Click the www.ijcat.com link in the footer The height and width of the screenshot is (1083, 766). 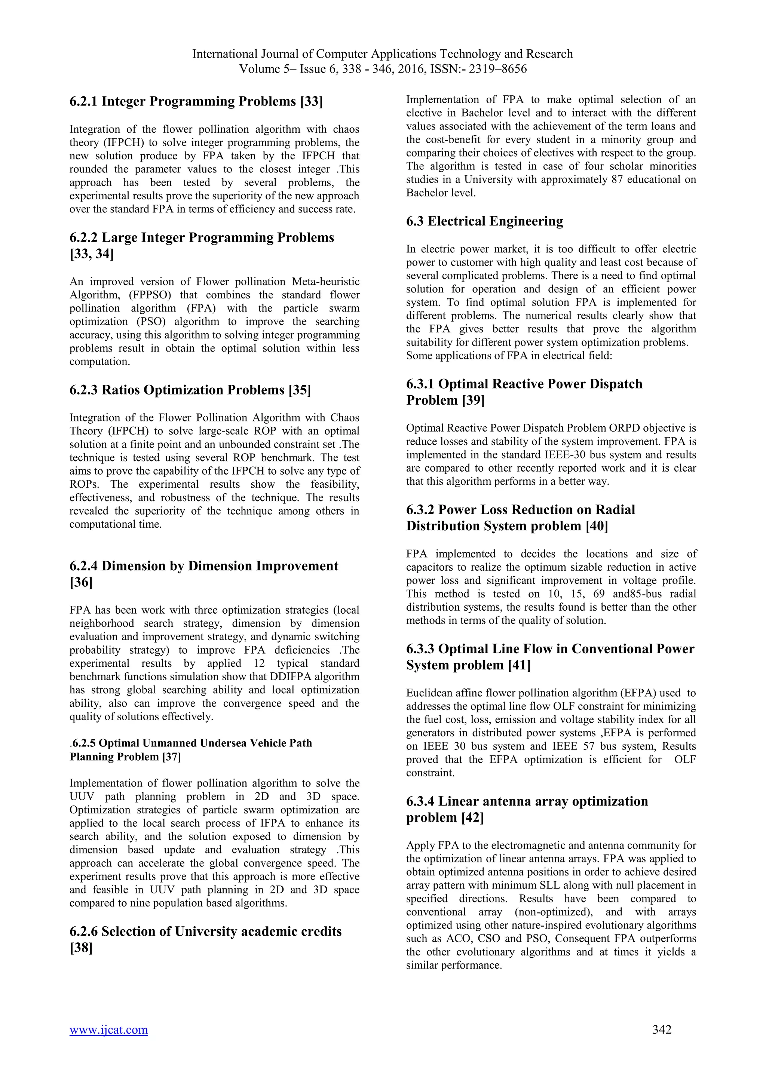coord(108,1043)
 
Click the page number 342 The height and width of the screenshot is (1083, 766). coord(662,1043)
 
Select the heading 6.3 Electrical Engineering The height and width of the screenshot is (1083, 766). coord(484,221)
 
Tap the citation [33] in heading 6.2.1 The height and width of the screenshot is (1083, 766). coord(311,101)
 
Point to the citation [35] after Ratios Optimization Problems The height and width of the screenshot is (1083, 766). coord(300,390)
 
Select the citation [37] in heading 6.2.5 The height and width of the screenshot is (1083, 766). coord(171,757)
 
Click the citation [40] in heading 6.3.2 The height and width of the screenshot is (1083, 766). coord(597,526)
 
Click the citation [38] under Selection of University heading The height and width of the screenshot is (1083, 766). coord(81,948)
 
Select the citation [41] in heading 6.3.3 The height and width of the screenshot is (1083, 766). coord(519,665)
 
